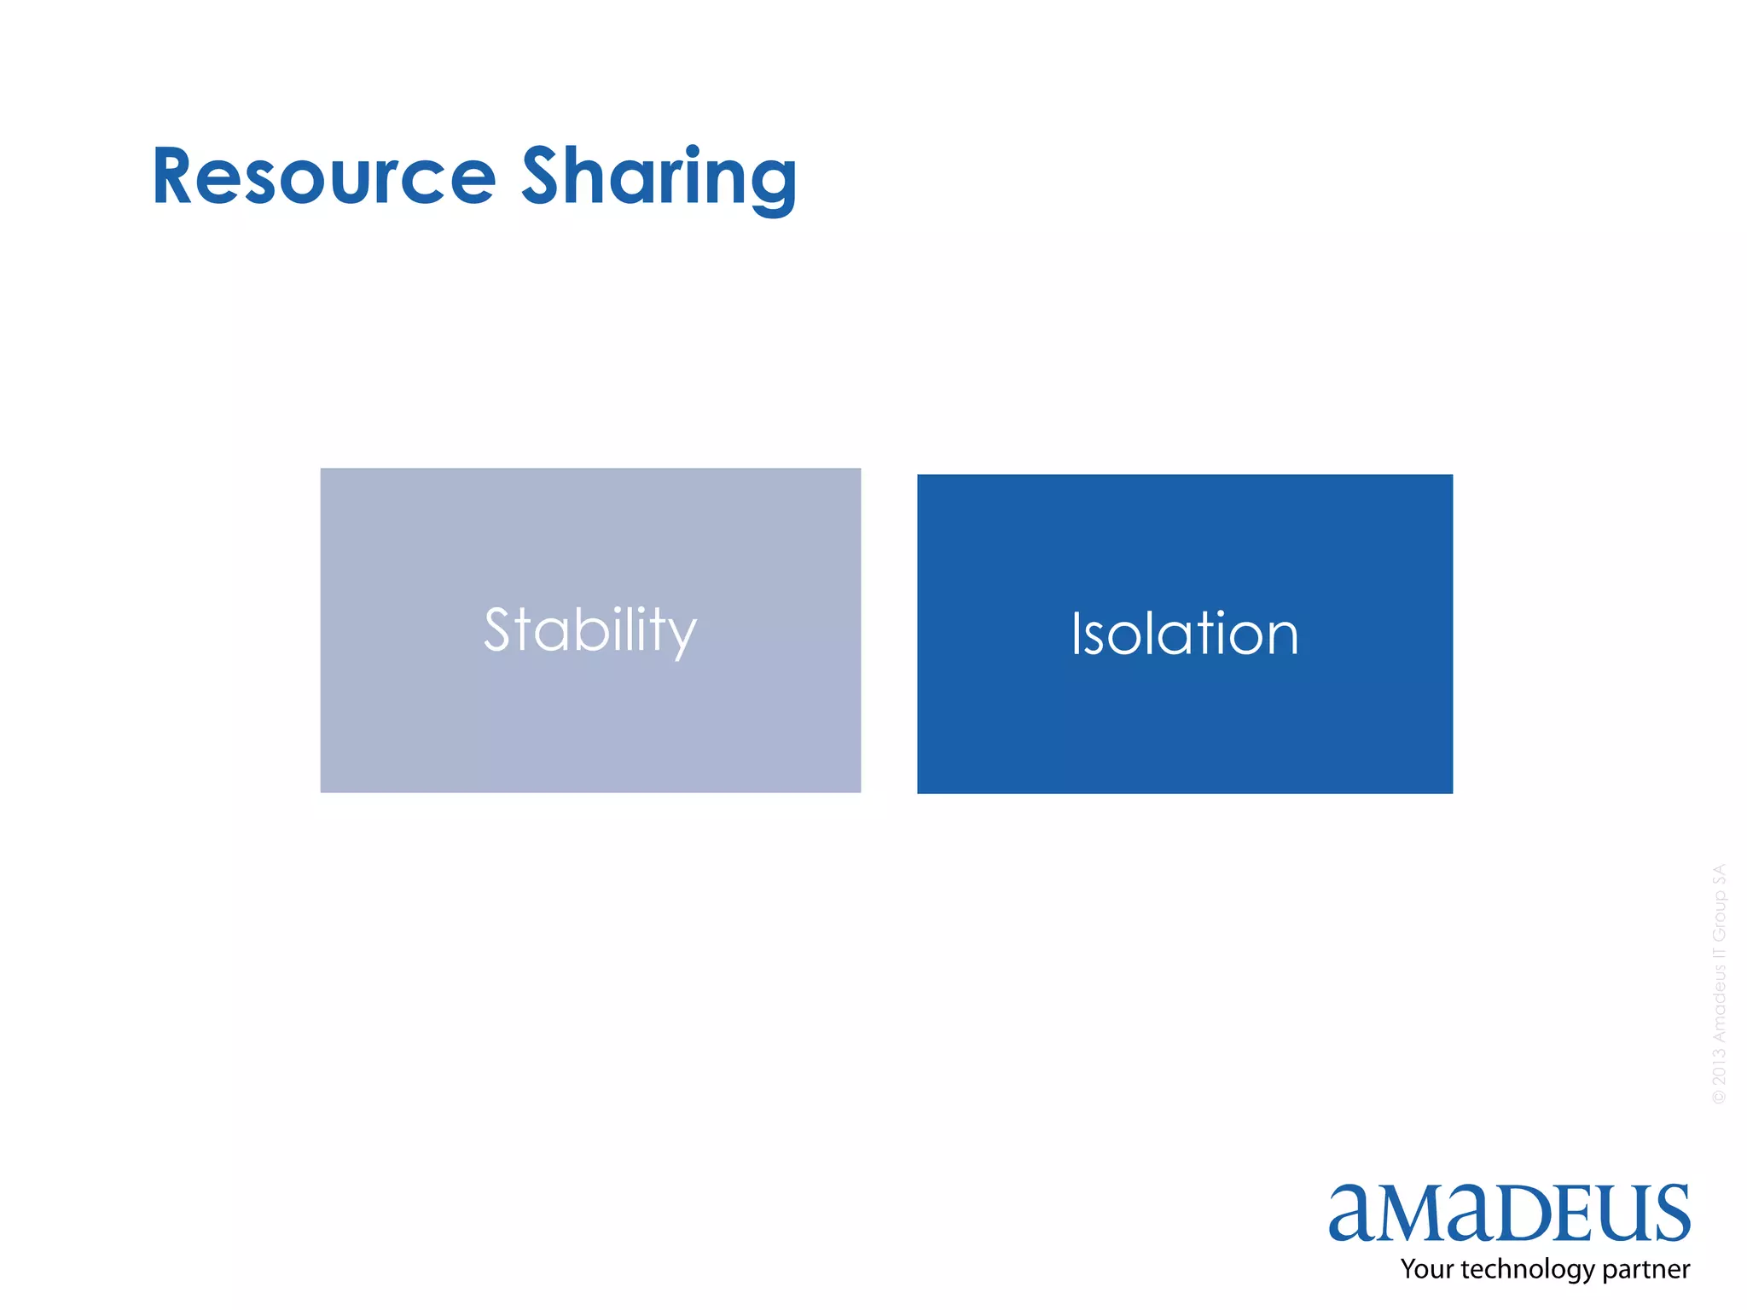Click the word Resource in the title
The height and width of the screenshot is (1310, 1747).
point(324,177)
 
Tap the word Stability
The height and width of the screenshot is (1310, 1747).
point(590,630)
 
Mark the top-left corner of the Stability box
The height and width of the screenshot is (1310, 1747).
point(322,469)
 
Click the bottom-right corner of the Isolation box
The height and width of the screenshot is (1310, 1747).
point(1452,792)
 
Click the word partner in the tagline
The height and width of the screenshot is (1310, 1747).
point(1646,1270)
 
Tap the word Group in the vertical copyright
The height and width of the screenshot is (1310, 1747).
point(1719,917)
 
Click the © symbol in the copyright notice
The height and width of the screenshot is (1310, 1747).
point(1719,1097)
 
